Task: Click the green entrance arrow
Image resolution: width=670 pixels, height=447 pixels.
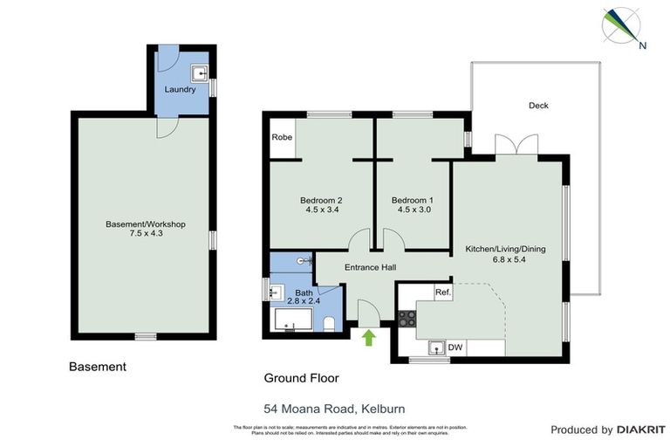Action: [367, 336]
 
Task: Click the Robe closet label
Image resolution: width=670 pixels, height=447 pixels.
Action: [282, 138]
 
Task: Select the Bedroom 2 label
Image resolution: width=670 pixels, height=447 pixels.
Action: [322, 199]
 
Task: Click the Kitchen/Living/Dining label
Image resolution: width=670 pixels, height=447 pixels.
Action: [505, 249]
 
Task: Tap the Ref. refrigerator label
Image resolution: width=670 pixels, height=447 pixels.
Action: [442, 293]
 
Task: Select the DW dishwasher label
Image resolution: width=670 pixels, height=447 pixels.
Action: [455, 347]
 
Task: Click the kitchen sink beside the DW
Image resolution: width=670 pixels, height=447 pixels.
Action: [435, 348]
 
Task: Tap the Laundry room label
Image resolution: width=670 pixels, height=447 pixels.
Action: [180, 90]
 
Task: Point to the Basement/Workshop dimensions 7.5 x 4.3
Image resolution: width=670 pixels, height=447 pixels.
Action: [146, 234]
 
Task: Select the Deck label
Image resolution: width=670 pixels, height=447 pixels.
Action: [538, 106]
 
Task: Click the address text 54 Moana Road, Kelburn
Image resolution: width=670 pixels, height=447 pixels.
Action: [334, 408]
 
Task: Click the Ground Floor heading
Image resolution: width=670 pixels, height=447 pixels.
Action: [301, 378]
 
